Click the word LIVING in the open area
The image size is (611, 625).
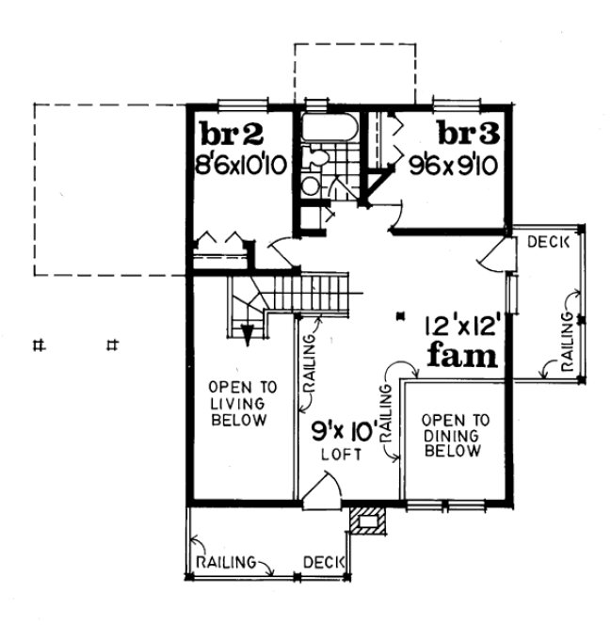(237, 404)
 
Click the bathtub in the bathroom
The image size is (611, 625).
(329, 128)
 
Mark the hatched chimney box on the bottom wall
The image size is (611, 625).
(364, 520)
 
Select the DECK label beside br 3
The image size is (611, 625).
(548, 242)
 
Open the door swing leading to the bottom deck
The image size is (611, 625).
(320, 488)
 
